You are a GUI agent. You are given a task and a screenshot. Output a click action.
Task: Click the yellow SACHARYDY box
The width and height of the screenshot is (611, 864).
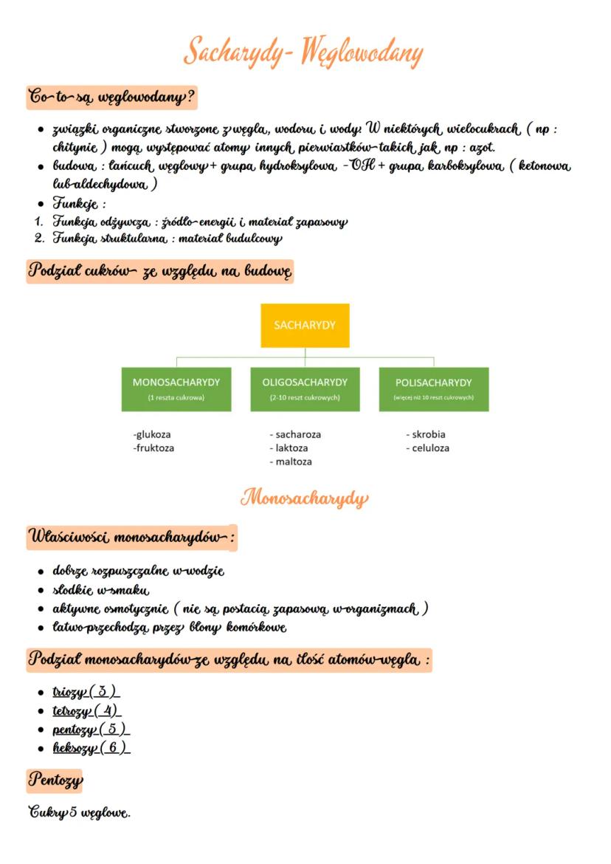point(305,326)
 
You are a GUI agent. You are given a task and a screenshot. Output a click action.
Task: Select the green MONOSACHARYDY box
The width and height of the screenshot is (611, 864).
point(176,389)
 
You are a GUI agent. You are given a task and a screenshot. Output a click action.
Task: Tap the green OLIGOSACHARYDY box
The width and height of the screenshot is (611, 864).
point(305,389)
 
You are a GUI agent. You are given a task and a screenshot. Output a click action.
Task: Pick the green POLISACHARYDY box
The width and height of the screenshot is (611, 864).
point(433,389)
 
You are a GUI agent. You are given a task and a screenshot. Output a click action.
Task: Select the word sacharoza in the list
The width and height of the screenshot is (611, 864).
point(295,434)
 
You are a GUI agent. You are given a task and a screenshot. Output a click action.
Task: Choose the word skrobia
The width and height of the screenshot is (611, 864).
point(426,434)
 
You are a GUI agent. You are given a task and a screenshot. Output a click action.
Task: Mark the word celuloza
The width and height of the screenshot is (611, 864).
point(427,448)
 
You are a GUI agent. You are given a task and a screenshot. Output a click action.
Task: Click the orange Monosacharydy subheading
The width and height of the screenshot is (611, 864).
point(305,498)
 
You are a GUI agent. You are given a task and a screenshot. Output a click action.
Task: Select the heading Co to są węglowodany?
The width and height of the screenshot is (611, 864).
point(111,97)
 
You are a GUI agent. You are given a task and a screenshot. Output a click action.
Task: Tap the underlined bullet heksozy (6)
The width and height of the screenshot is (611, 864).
point(91,747)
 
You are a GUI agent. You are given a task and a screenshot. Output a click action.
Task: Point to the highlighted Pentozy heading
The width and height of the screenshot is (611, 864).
point(55,779)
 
